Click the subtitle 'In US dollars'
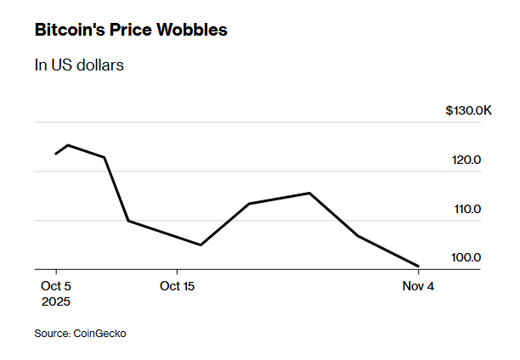coord(79,65)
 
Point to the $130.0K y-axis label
coord(468,111)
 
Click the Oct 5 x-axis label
coord(56,286)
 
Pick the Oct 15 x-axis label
coord(178,286)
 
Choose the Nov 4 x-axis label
coord(418,286)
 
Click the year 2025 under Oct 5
coord(56,301)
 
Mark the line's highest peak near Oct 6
coord(68,145)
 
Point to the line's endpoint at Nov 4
coord(419,266)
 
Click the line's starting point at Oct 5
coord(56,154)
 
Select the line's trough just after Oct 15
coord(201,245)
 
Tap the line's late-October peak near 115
coord(309,193)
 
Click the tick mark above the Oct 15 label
coord(178,273)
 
